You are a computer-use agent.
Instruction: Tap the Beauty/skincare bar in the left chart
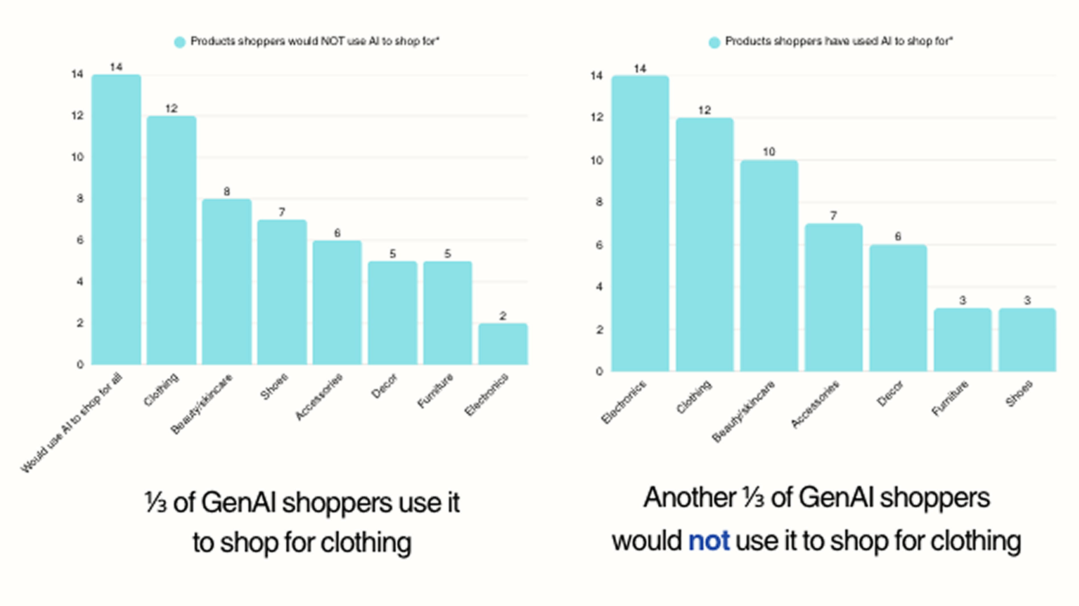(226, 282)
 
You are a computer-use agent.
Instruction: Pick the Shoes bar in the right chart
(1027, 340)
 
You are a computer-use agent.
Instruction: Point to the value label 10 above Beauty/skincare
(769, 152)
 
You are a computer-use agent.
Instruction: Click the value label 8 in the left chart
(226, 192)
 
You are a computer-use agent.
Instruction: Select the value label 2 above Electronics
(503, 316)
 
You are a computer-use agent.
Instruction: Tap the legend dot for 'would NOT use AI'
(180, 42)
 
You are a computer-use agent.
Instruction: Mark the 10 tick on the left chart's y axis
(77, 157)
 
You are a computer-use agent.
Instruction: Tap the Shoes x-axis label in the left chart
(274, 386)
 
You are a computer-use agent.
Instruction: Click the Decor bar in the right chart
(898, 308)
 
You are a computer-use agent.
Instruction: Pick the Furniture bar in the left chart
(447, 313)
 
